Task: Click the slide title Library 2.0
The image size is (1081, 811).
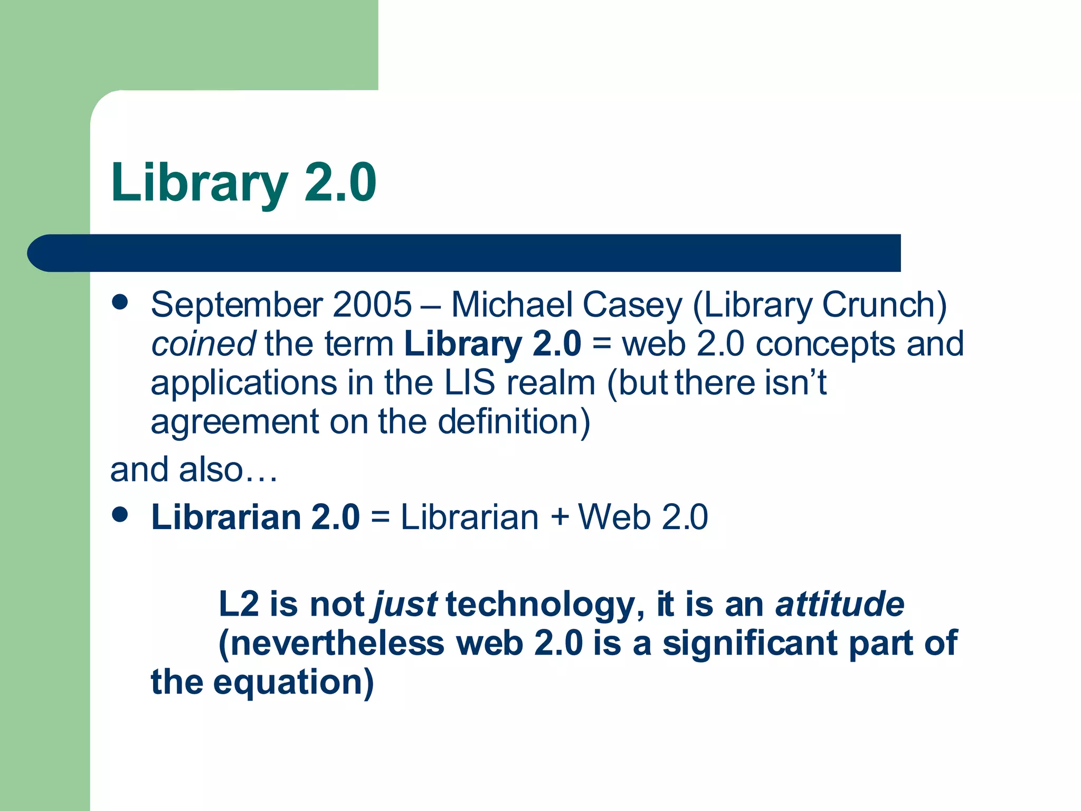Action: (243, 183)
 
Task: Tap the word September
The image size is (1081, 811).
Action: (236, 305)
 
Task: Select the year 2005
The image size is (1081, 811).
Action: (372, 305)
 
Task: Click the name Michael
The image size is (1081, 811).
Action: (511, 305)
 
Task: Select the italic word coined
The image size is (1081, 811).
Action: (203, 344)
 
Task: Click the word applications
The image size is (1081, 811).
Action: (243, 383)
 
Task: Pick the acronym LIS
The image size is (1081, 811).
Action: (469, 383)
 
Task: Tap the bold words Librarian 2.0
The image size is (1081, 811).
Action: (255, 516)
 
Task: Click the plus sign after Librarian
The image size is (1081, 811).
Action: (560, 516)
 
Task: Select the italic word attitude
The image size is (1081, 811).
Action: (840, 604)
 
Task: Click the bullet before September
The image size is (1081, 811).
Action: (120, 302)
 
